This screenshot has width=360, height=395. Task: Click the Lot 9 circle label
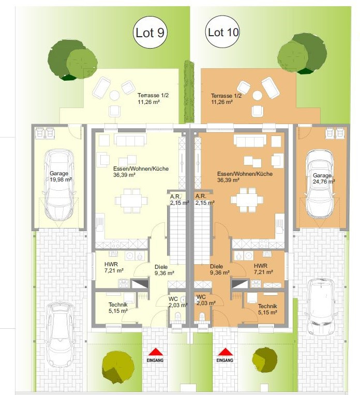(x=150, y=33)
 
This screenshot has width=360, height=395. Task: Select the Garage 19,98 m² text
(x=61, y=176)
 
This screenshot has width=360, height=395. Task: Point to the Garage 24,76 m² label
(x=324, y=178)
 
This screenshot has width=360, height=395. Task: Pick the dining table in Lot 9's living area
(x=131, y=201)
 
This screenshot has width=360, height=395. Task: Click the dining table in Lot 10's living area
(x=247, y=200)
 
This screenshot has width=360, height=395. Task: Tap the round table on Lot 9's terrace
(x=114, y=96)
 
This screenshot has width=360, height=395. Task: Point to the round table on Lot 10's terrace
(x=258, y=96)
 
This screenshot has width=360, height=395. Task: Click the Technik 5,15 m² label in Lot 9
(x=118, y=308)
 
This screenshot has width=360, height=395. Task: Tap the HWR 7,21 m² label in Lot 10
(x=263, y=269)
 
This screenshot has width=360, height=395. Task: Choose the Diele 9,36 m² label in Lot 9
(x=164, y=270)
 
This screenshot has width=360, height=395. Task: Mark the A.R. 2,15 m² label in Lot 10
(x=205, y=199)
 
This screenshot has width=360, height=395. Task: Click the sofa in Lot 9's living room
(x=130, y=140)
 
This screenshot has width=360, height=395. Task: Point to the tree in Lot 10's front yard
(x=264, y=360)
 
